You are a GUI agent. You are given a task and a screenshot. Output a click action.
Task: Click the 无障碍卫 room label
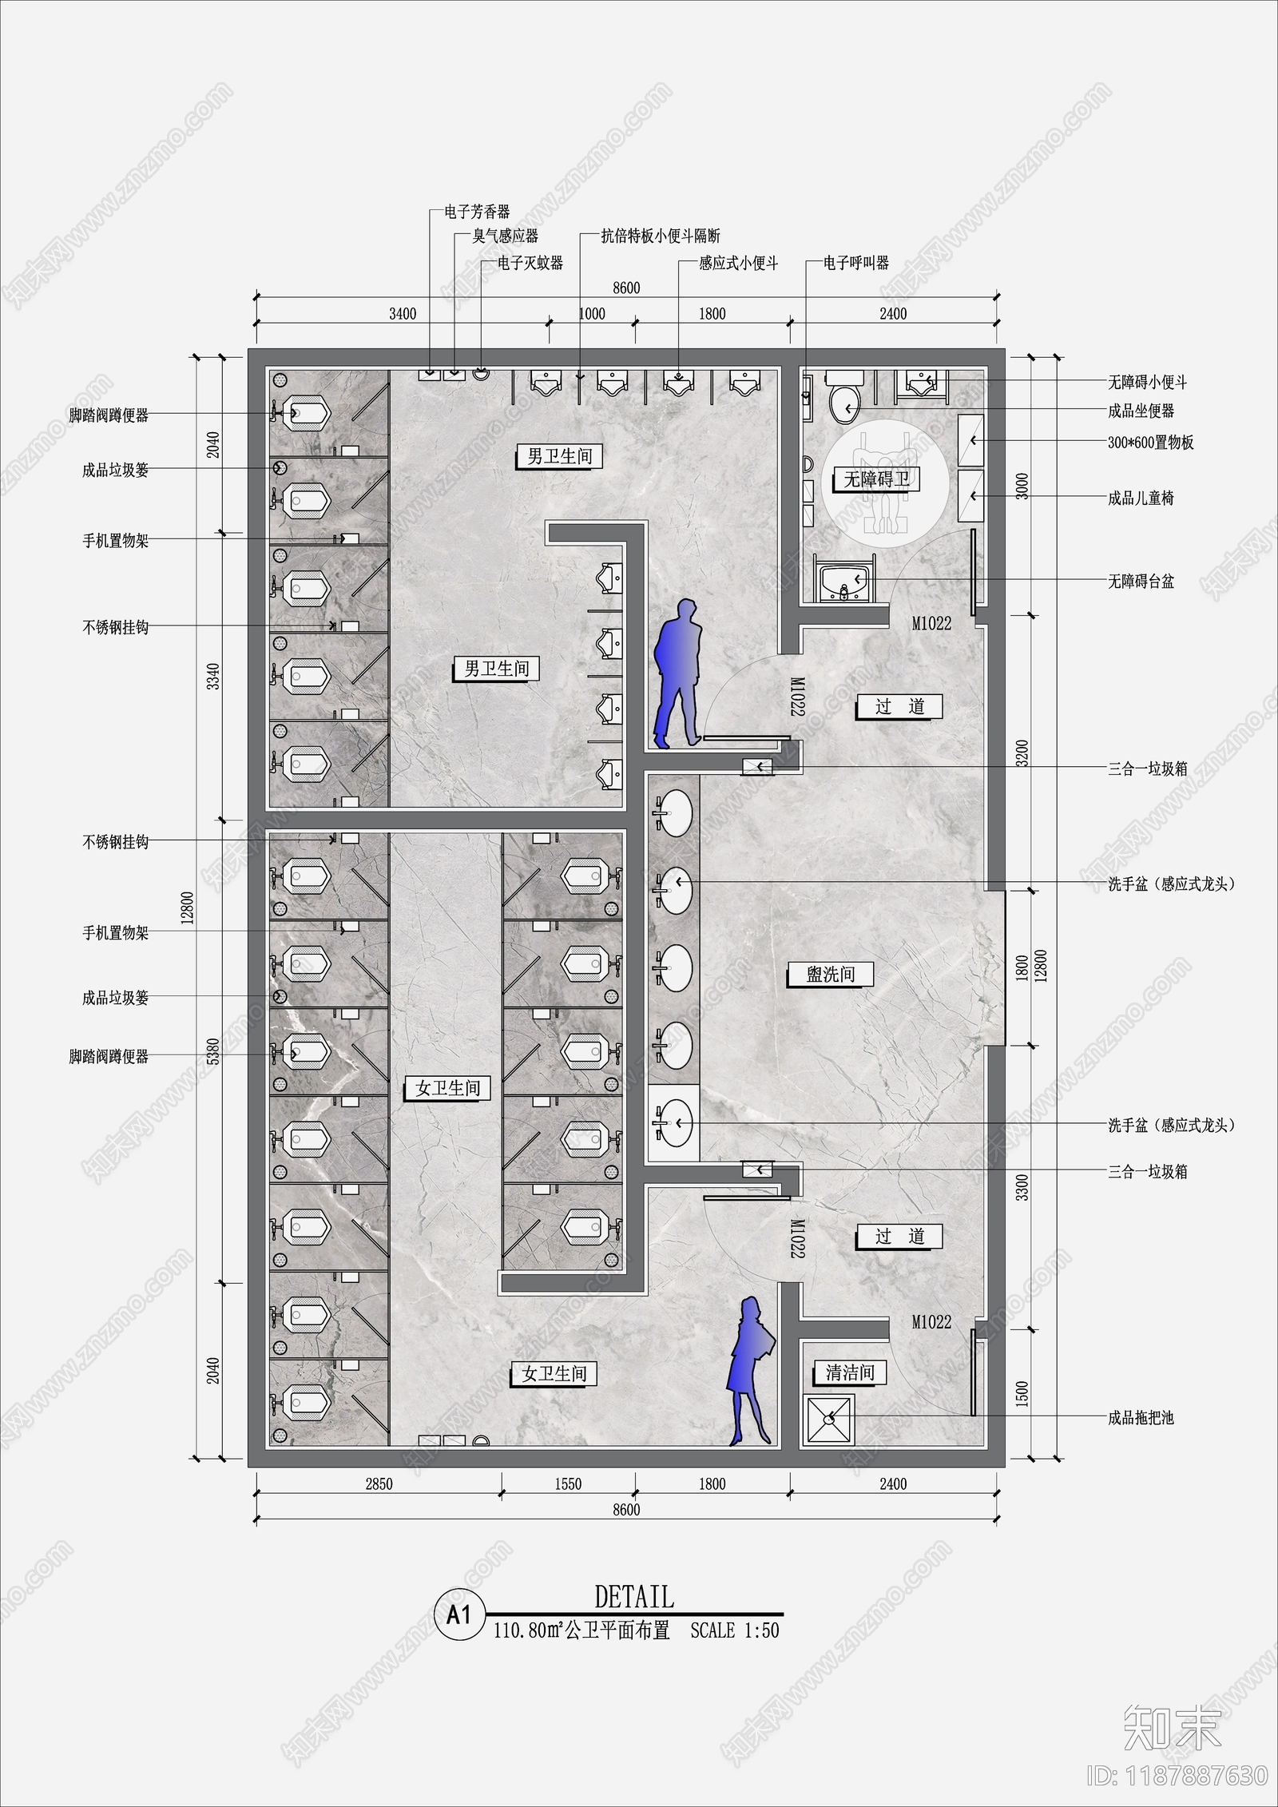click(x=876, y=479)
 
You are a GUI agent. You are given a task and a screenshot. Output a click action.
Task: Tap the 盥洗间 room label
click(x=831, y=974)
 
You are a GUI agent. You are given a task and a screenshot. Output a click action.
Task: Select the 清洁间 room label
click(x=850, y=1372)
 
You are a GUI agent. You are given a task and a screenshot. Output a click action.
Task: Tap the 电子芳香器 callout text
click(x=477, y=212)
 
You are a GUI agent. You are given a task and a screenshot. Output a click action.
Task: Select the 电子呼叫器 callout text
click(x=856, y=263)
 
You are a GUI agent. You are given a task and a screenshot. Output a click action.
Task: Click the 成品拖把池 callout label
click(x=1141, y=1419)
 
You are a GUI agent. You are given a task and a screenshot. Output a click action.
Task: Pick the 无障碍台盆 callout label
click(x=1141, y=582)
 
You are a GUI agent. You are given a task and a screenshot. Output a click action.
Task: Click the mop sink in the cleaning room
click(x=831, y=1419)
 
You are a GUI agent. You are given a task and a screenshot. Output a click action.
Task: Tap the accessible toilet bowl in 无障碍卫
click(x=843, y=400)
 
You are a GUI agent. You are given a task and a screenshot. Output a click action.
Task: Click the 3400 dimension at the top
click(x=403, y=314)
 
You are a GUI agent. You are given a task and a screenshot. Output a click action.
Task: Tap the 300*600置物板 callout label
click(x=1150, y=443)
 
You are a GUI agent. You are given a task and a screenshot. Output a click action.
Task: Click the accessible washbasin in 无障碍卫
click(x=845, y=581)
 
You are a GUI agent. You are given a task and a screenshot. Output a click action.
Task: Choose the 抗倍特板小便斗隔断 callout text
click(x=661, y=236)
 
